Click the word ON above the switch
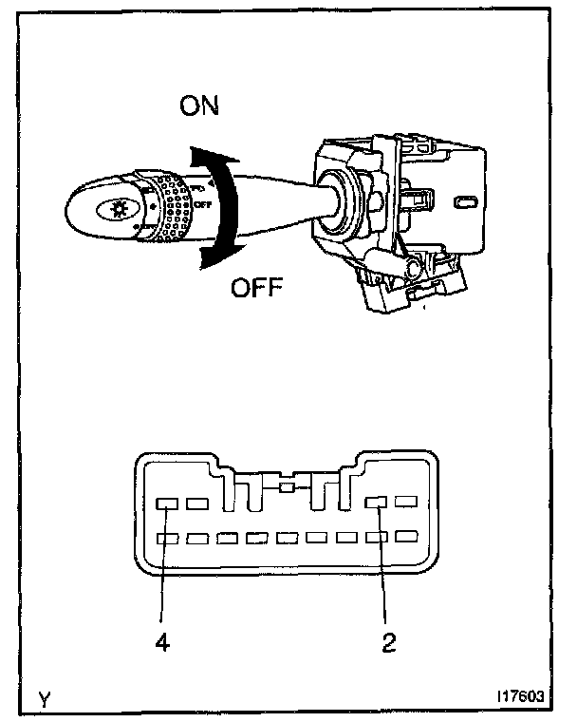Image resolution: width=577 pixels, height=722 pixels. [x=198, y=105]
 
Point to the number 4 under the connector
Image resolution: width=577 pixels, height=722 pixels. [x=162, y=642]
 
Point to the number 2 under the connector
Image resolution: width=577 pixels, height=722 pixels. [x=388, y=642]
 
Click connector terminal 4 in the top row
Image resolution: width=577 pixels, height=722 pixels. [x=167, y=503]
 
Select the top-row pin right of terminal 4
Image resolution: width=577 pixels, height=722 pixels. [x=197, y=503]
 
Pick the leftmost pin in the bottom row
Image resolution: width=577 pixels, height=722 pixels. [x=167, y=539]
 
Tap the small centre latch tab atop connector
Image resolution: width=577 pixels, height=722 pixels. [x=287, y=488]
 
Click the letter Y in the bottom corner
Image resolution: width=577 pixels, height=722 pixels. [x=44, y=699]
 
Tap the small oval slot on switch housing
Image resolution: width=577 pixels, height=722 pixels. [x=466, y=202]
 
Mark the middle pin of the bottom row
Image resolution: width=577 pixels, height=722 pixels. [x=287, y=538]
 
